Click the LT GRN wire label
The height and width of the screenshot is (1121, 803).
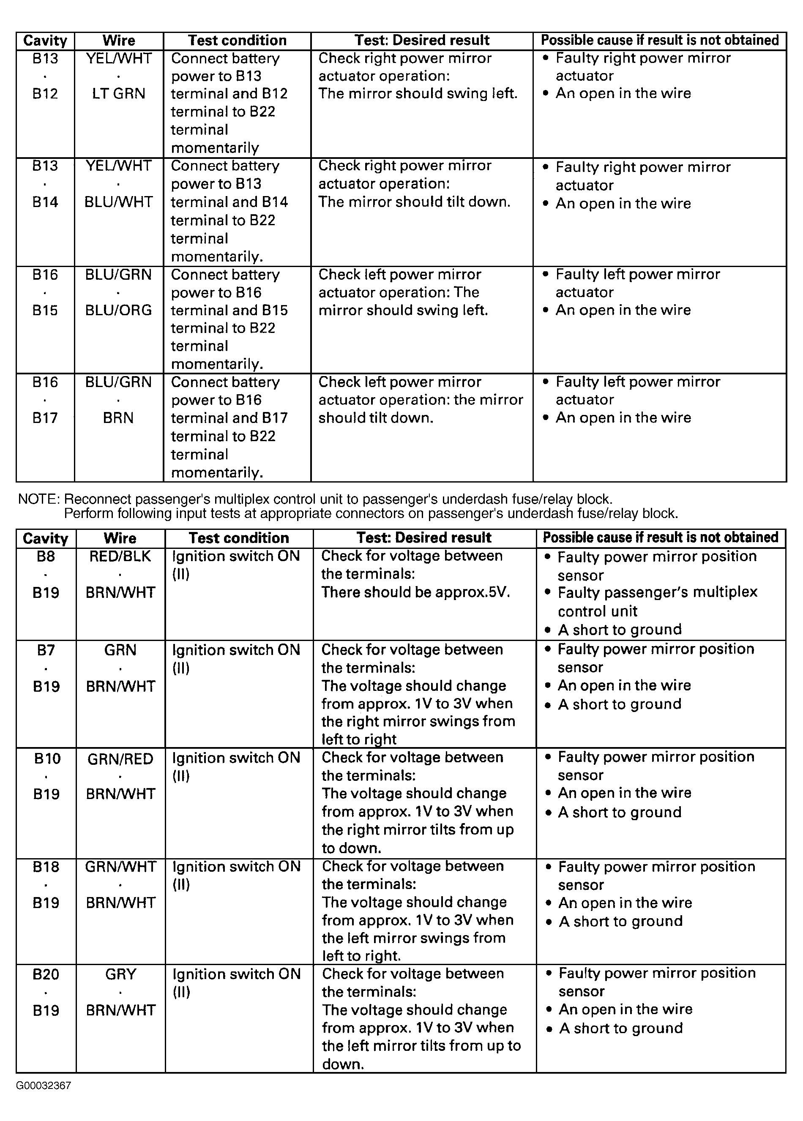pyautogui.click(x=119, y=94)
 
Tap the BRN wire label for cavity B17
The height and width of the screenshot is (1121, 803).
pyautogui.click(x=119, y=418)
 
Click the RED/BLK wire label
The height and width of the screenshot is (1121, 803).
pyautogui.click(x=120, y=556)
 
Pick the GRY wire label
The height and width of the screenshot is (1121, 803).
pyautogui.click(x=120, y=974)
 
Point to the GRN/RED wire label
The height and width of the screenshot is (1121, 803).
pyautogui.click(x=120, y=759)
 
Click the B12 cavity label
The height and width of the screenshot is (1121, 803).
pyautogui.click(x=45, y=94)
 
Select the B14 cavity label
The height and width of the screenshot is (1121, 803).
pyautogui.click(x=45, y=202)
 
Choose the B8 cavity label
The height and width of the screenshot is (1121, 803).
pyautogui.click(x=46, y=556)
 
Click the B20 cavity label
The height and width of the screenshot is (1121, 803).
pyautogui.click(x=46, y=974)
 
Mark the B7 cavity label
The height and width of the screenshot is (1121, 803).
pyautogui.click(x=46, y=650)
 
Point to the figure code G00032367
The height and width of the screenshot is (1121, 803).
pyautogui.click(x=44, y=1086)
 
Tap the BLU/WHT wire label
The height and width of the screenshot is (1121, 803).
pyautogui.click(x=119, y=202)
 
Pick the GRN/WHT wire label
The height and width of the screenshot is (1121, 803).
pyautogui.click(x=120, y=867)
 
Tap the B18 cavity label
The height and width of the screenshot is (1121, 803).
pyautogui.click(x=46, y=867)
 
